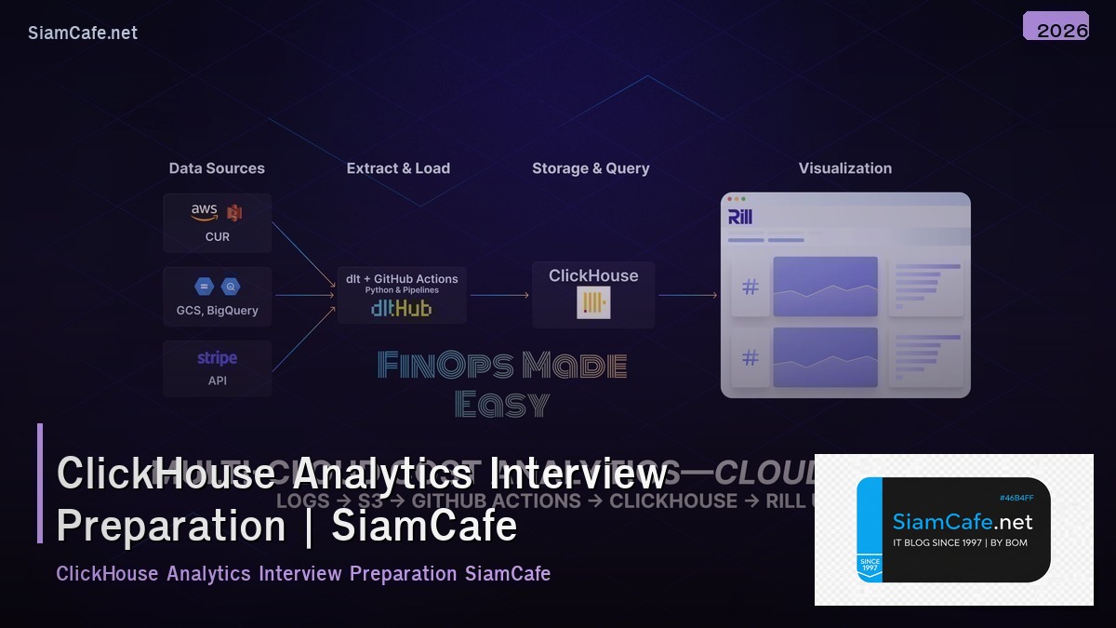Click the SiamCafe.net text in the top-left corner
point(83,33)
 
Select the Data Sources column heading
point(217,168)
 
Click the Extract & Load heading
point(398,168)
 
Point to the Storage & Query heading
point(591,168)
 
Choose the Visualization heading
point(844,168)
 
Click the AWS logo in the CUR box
point(205,212)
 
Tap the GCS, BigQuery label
point(218,311)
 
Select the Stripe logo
point(217,358)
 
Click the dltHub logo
point(401,308)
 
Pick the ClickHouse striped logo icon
point(593,302)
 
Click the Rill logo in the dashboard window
point(740,217)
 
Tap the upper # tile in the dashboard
point(751,287)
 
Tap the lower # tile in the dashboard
point(751,357)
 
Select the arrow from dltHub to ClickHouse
point(499,296)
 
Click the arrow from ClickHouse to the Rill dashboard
point(687,296)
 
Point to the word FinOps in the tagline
point(445,366)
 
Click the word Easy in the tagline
point(502,404)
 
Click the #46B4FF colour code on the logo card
point(1015,498)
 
